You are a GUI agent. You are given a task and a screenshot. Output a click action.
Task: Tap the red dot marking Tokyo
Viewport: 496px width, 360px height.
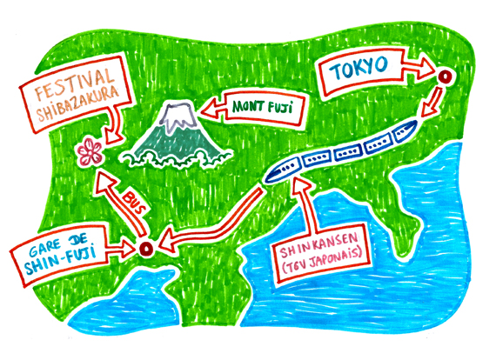[x=445, y=77]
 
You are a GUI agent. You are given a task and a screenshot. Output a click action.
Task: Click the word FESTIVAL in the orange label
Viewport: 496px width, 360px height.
[x=74, y=83]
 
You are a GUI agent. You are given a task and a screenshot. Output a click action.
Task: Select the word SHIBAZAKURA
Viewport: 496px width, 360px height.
[x=78, y=103]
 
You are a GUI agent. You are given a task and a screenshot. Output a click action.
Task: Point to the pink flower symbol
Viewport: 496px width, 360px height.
[x=90, y=151]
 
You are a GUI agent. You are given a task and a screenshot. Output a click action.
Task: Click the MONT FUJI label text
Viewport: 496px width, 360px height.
[x=262, y=108]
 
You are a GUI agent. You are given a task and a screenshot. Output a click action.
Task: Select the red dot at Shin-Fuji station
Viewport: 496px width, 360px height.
[x=146, y=249]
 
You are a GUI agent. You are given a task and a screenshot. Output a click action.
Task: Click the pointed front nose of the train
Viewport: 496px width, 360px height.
[x=267, y=179]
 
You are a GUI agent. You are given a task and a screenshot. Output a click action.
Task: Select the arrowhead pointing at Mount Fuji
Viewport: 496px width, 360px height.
[x=212, y=109]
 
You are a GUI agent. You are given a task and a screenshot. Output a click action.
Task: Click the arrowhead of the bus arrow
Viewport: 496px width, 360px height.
[x=106, y=183]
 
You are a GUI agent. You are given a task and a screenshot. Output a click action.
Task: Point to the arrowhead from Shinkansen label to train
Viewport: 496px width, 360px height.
[x=300, y=184]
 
